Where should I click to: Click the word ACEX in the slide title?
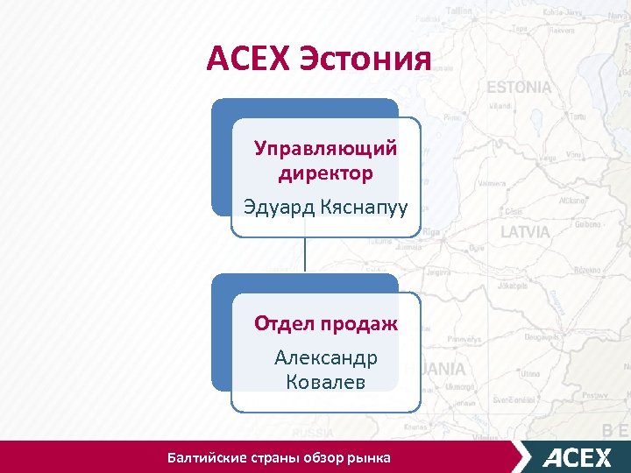248,60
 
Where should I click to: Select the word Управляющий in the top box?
325,148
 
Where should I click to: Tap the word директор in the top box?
325,173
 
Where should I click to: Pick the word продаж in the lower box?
360,323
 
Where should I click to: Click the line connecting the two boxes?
304,256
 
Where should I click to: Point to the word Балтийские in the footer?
208,457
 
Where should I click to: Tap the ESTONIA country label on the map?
519,88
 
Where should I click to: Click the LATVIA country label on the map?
525,232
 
